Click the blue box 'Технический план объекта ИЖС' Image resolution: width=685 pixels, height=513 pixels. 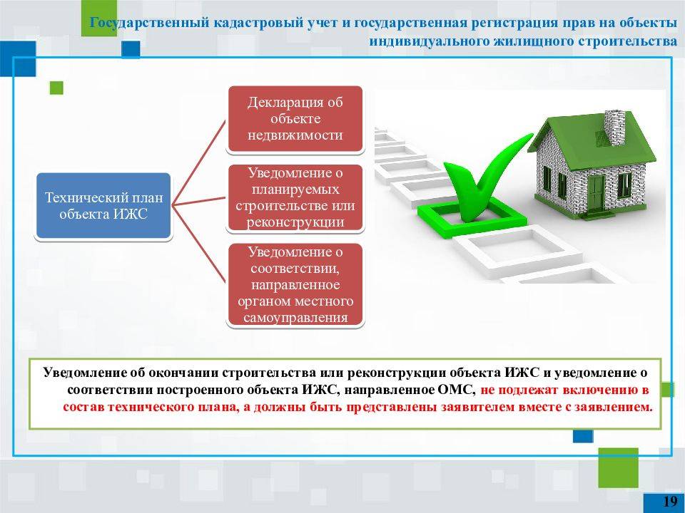(103, 205)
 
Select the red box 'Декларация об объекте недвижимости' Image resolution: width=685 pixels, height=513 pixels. (295, 119)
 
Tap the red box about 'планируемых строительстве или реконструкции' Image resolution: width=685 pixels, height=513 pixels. (295, 197)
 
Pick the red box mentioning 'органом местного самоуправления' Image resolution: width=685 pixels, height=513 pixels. (295, 284)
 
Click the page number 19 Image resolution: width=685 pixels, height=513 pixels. (670, 501)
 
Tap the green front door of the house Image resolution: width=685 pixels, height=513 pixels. (595, 191)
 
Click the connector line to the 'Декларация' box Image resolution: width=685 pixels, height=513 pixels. (199, 162)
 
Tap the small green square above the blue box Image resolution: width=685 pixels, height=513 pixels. (56, 88)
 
